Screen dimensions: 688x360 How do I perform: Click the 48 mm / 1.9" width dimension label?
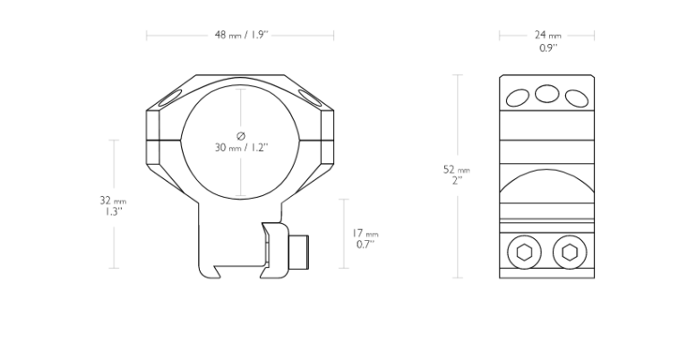coord(241,35)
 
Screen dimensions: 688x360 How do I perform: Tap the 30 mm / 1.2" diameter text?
coord(241,148)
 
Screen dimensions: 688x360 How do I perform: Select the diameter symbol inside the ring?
coord(241,136)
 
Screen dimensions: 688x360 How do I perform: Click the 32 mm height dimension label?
coord(113,201)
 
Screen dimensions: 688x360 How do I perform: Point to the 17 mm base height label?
coord(365,234)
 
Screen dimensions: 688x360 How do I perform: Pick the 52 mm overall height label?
coord(457,169)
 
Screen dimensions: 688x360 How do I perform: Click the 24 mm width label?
coord(547,35)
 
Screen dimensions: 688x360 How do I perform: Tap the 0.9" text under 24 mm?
coord(548,48)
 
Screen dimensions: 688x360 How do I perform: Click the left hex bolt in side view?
coord(524,253)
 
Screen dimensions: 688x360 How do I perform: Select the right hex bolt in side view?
coord(570,253)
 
